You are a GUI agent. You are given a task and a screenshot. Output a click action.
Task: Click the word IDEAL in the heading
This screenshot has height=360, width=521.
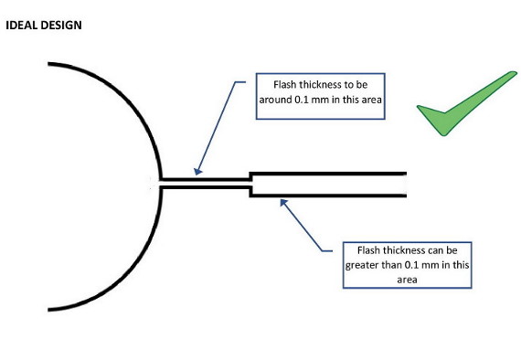(x=20, y=26)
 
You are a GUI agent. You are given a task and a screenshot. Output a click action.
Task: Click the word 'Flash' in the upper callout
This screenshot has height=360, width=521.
(x=275, y=85)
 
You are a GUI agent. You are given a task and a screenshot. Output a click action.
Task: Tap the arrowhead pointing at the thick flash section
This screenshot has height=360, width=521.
(x=284, y=203)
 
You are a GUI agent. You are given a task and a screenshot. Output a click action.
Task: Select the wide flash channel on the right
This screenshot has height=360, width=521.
(x=329, y=183)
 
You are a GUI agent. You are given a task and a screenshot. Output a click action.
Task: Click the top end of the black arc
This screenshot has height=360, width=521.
(x=50, y=65)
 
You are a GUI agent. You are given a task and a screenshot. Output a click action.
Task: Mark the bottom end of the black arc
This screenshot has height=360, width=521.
(x=50, y=308)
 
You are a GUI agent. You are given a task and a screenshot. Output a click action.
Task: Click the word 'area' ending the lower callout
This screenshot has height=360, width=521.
(x=408, y=280)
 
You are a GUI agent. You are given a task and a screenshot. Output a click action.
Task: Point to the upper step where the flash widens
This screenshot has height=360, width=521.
(x=250, y=175)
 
